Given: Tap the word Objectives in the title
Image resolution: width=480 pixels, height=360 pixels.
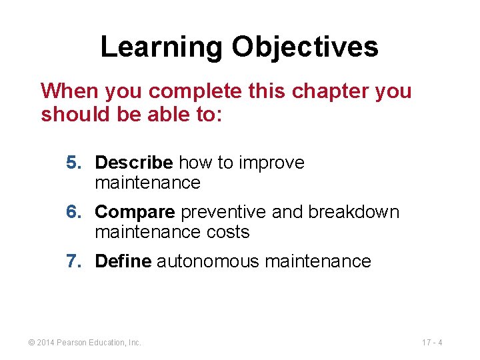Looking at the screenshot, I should pos(305,47).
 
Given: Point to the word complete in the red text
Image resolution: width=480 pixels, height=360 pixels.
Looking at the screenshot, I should pos(187,91).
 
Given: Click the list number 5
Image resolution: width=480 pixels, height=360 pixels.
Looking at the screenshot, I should pos(73,163).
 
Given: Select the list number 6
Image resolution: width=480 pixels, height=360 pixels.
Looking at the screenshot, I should pos(73,212).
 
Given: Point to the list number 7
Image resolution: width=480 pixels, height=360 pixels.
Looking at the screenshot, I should pos(73,261).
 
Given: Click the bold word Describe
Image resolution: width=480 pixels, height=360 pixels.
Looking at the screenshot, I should pos(134,163).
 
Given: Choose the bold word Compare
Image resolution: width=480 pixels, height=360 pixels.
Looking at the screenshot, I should pos(135,212).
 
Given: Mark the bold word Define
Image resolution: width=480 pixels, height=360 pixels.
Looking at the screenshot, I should pos(123,261).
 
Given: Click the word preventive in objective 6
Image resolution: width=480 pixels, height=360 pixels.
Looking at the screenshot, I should pos(224,212).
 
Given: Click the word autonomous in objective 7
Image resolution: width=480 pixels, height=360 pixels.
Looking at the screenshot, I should pos(208,261).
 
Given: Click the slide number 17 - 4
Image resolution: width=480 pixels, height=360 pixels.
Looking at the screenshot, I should pos(433,343).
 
